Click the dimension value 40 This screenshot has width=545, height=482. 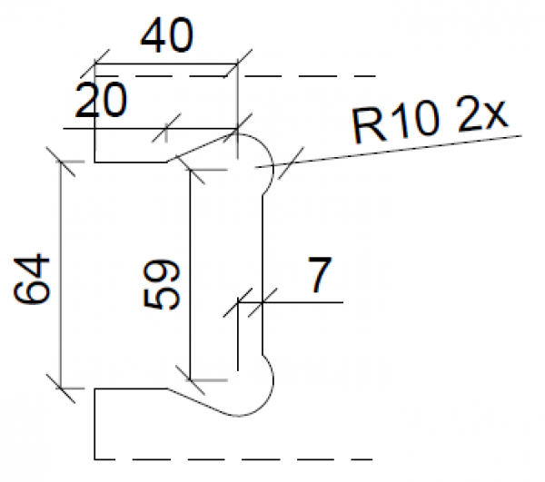pyautogui.click(x=166, y=37)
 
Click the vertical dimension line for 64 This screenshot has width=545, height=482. pyautogui.click(x=61, y=272)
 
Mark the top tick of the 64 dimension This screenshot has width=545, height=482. pyautogui.click(x=61, y=163)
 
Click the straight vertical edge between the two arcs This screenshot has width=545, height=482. pyautogui.click(x=263, y=272)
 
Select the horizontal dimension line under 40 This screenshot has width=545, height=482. pyautogui.click(x=166, y=65)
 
